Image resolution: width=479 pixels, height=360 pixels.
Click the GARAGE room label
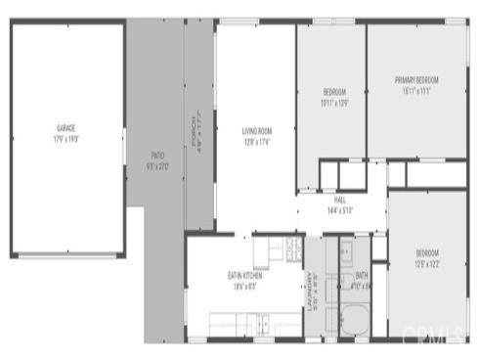coord(66,128)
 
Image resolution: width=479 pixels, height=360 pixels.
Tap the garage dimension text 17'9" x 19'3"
coord(66,139)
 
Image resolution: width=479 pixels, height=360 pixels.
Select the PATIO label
coord(156,156)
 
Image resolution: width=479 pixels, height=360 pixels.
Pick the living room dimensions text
coord(256,142)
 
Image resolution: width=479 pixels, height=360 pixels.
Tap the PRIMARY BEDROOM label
coord(416,80)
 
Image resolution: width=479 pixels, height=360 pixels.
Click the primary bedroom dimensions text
coord(416,91)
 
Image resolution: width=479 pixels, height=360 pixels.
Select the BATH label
coord(362,276)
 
